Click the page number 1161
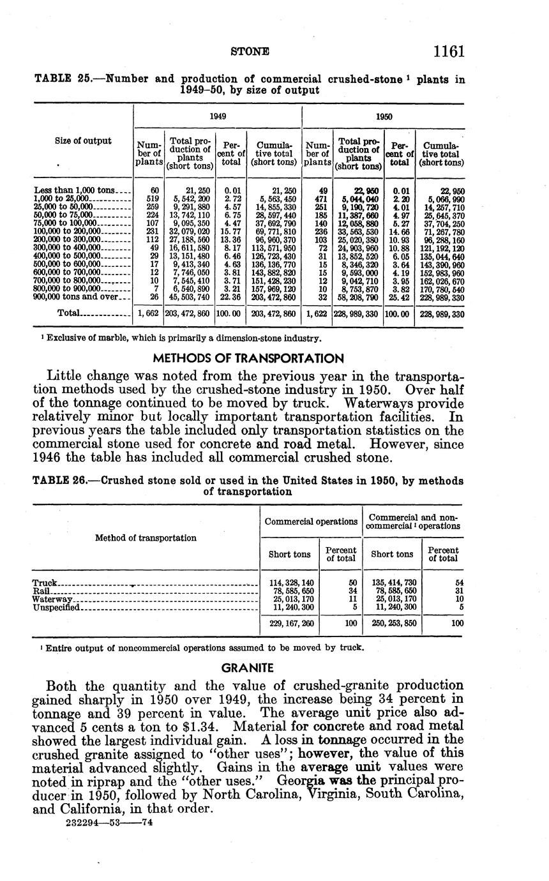[x=447, y=51]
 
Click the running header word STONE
[x=249, y=50]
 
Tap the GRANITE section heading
[x=247, y=668]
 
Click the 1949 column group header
[x=217, y=117]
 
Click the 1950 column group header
[x=383, y=117]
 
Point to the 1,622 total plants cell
[x=317, y=313]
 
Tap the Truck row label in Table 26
[x=45, y=583]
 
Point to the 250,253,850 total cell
[x=392, y=623]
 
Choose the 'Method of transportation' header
[x=146, y=538]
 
